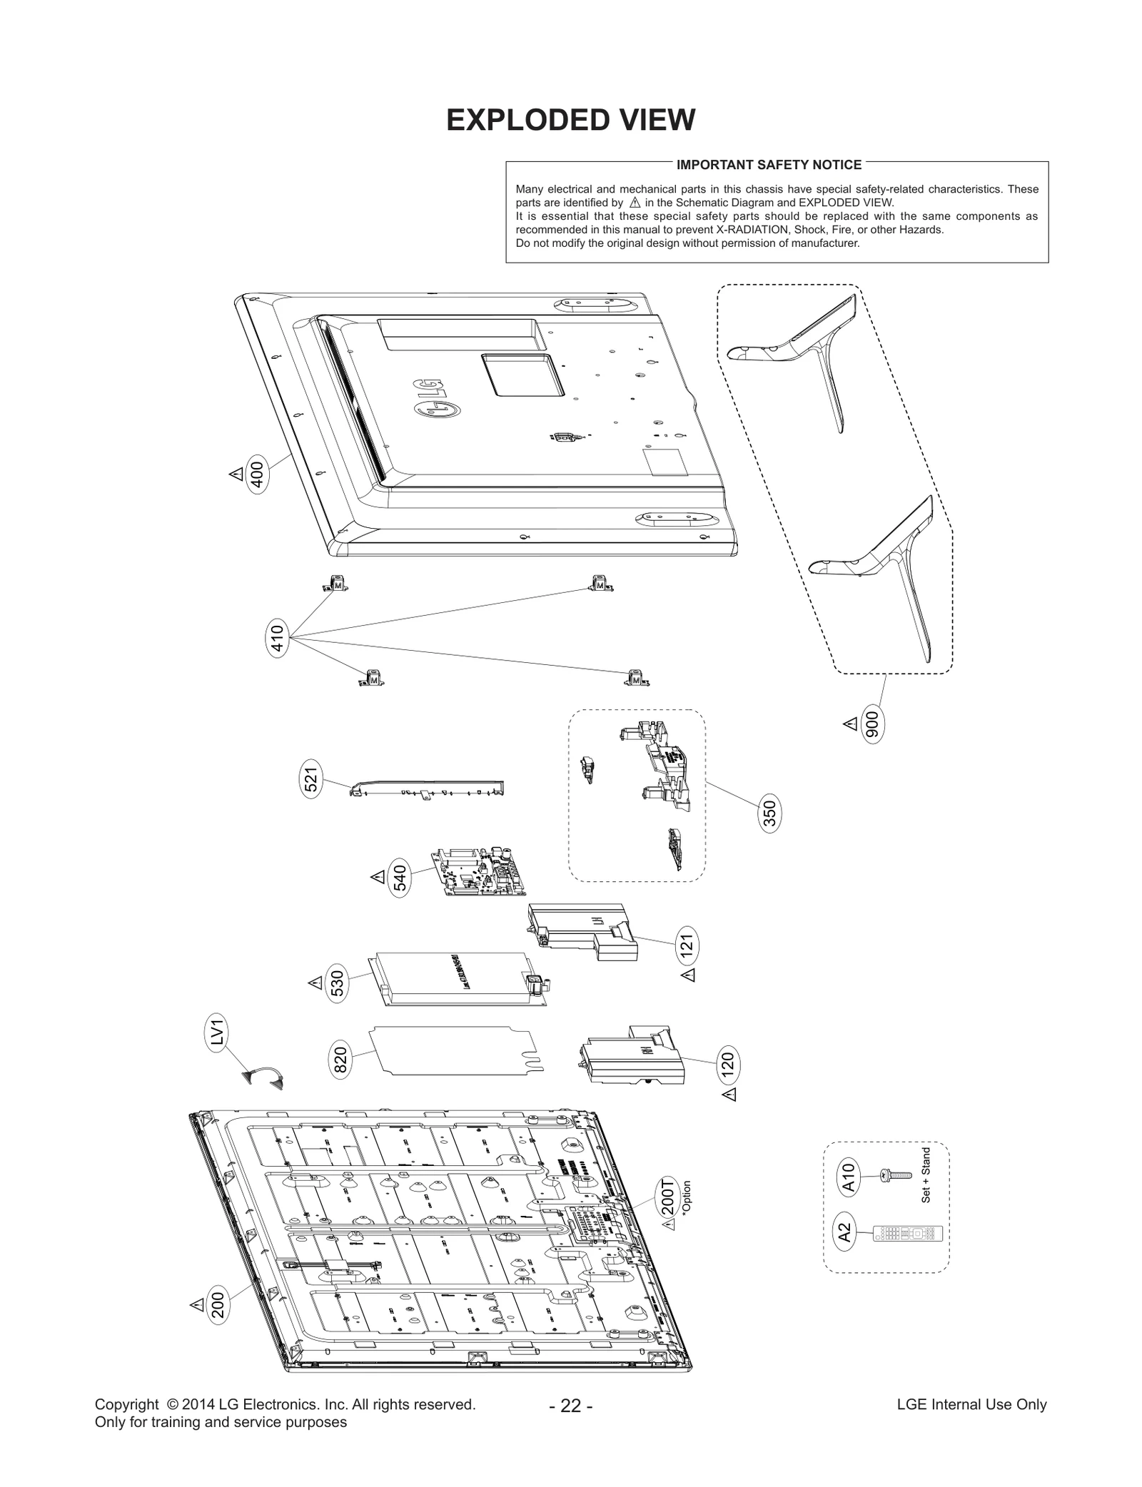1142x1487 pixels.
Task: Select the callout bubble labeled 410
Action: [x=277, y=639]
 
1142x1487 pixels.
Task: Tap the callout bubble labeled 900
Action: [x=872, y=725]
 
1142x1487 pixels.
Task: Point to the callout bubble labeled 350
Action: [x=769, y=814]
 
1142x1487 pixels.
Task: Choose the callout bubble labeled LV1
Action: [x=218, y=1034]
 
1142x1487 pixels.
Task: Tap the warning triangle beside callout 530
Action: [x=315, y=983]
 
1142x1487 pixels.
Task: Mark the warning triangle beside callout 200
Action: [x=197, y=1304]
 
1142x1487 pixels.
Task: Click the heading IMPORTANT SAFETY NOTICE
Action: [x=769, y=165]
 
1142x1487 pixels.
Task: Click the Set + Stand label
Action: [x=926, y=1174]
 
